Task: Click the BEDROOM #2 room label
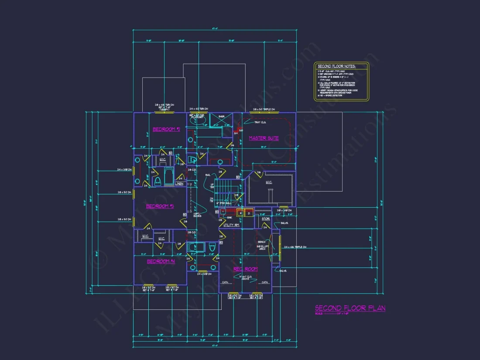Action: coord(166,129)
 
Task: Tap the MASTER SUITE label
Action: coord(264,138)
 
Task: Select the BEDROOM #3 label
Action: coord(160,206)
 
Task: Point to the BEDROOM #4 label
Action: coord(161,261)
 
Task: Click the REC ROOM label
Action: coord(245,269)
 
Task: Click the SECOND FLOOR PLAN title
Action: coord(350,308)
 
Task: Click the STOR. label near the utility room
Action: coord(265,219)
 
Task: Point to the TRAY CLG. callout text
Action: coord(260,123)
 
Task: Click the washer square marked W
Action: coord(240,213)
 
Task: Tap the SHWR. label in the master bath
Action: coord(221,117)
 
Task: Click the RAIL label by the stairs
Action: coord(208,175)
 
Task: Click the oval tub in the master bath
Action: coord(198,122)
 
